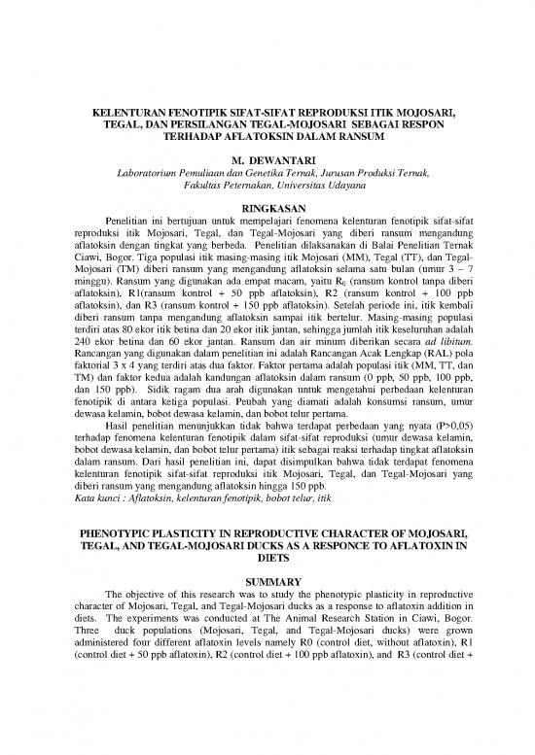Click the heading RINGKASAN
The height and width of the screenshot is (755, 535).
click(267, 207)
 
